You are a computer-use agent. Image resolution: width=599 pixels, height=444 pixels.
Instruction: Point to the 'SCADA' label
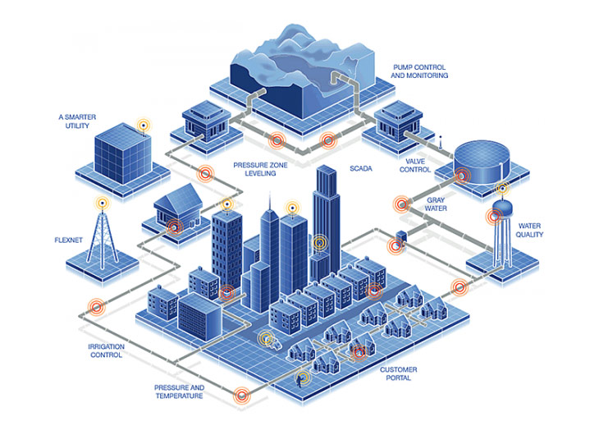360,169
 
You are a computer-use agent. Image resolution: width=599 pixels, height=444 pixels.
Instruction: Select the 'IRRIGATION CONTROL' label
106,351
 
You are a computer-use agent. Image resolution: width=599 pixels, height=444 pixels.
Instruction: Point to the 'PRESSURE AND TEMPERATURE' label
179,391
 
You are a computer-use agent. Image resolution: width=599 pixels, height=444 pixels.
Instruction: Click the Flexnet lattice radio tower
102,234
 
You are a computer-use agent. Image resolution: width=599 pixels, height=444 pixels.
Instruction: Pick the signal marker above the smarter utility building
143,126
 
